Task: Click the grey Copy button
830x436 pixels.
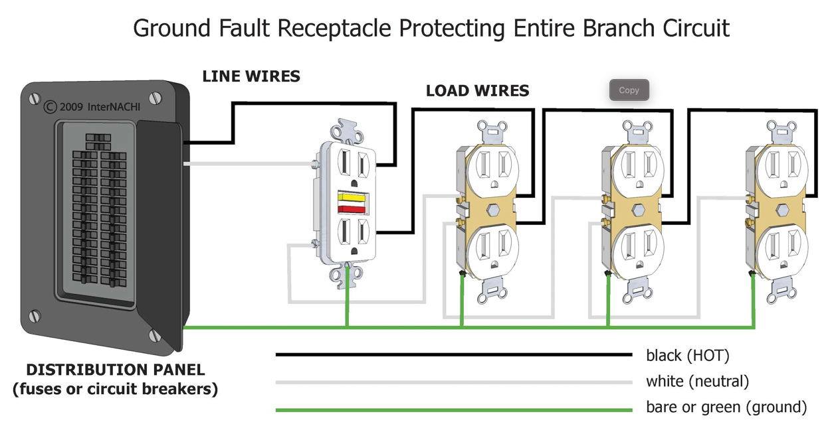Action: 629,90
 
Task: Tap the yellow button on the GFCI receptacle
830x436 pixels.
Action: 350,197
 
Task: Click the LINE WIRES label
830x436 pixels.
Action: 251,77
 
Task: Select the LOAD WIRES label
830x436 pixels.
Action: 477,91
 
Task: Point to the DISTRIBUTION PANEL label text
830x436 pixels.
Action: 115,370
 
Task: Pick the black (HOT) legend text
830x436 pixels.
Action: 687,356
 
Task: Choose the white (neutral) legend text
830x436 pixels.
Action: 697,382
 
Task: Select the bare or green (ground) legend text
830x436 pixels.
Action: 726,407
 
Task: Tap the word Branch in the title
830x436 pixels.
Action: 617,28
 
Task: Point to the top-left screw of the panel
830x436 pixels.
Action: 35,100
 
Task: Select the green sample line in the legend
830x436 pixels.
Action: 453,410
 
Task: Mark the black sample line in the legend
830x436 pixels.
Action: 453,355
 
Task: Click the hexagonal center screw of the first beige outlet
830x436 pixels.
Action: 492,210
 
